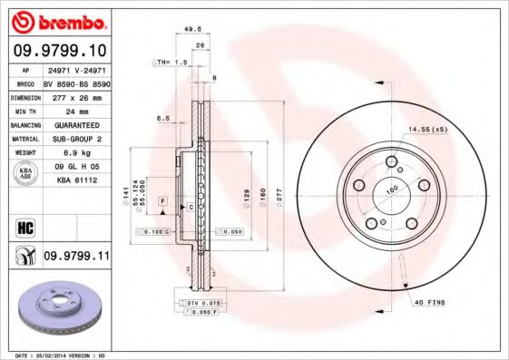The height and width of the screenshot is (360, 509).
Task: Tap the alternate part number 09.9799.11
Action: pos(76,257)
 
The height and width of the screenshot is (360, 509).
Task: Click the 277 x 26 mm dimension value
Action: pos(76,96)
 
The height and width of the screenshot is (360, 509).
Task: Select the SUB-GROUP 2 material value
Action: pos(76,139)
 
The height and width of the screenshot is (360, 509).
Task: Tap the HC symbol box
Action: pos(25,226)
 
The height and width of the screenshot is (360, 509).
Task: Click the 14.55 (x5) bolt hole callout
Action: pos(427,129)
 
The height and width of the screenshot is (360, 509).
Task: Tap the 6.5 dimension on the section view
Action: pos(164,118)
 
